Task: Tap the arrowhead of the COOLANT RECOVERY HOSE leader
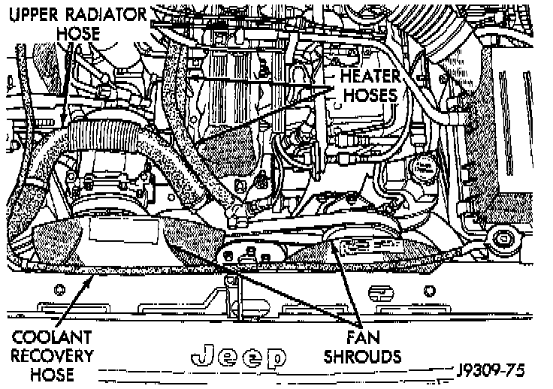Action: point(93,278)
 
